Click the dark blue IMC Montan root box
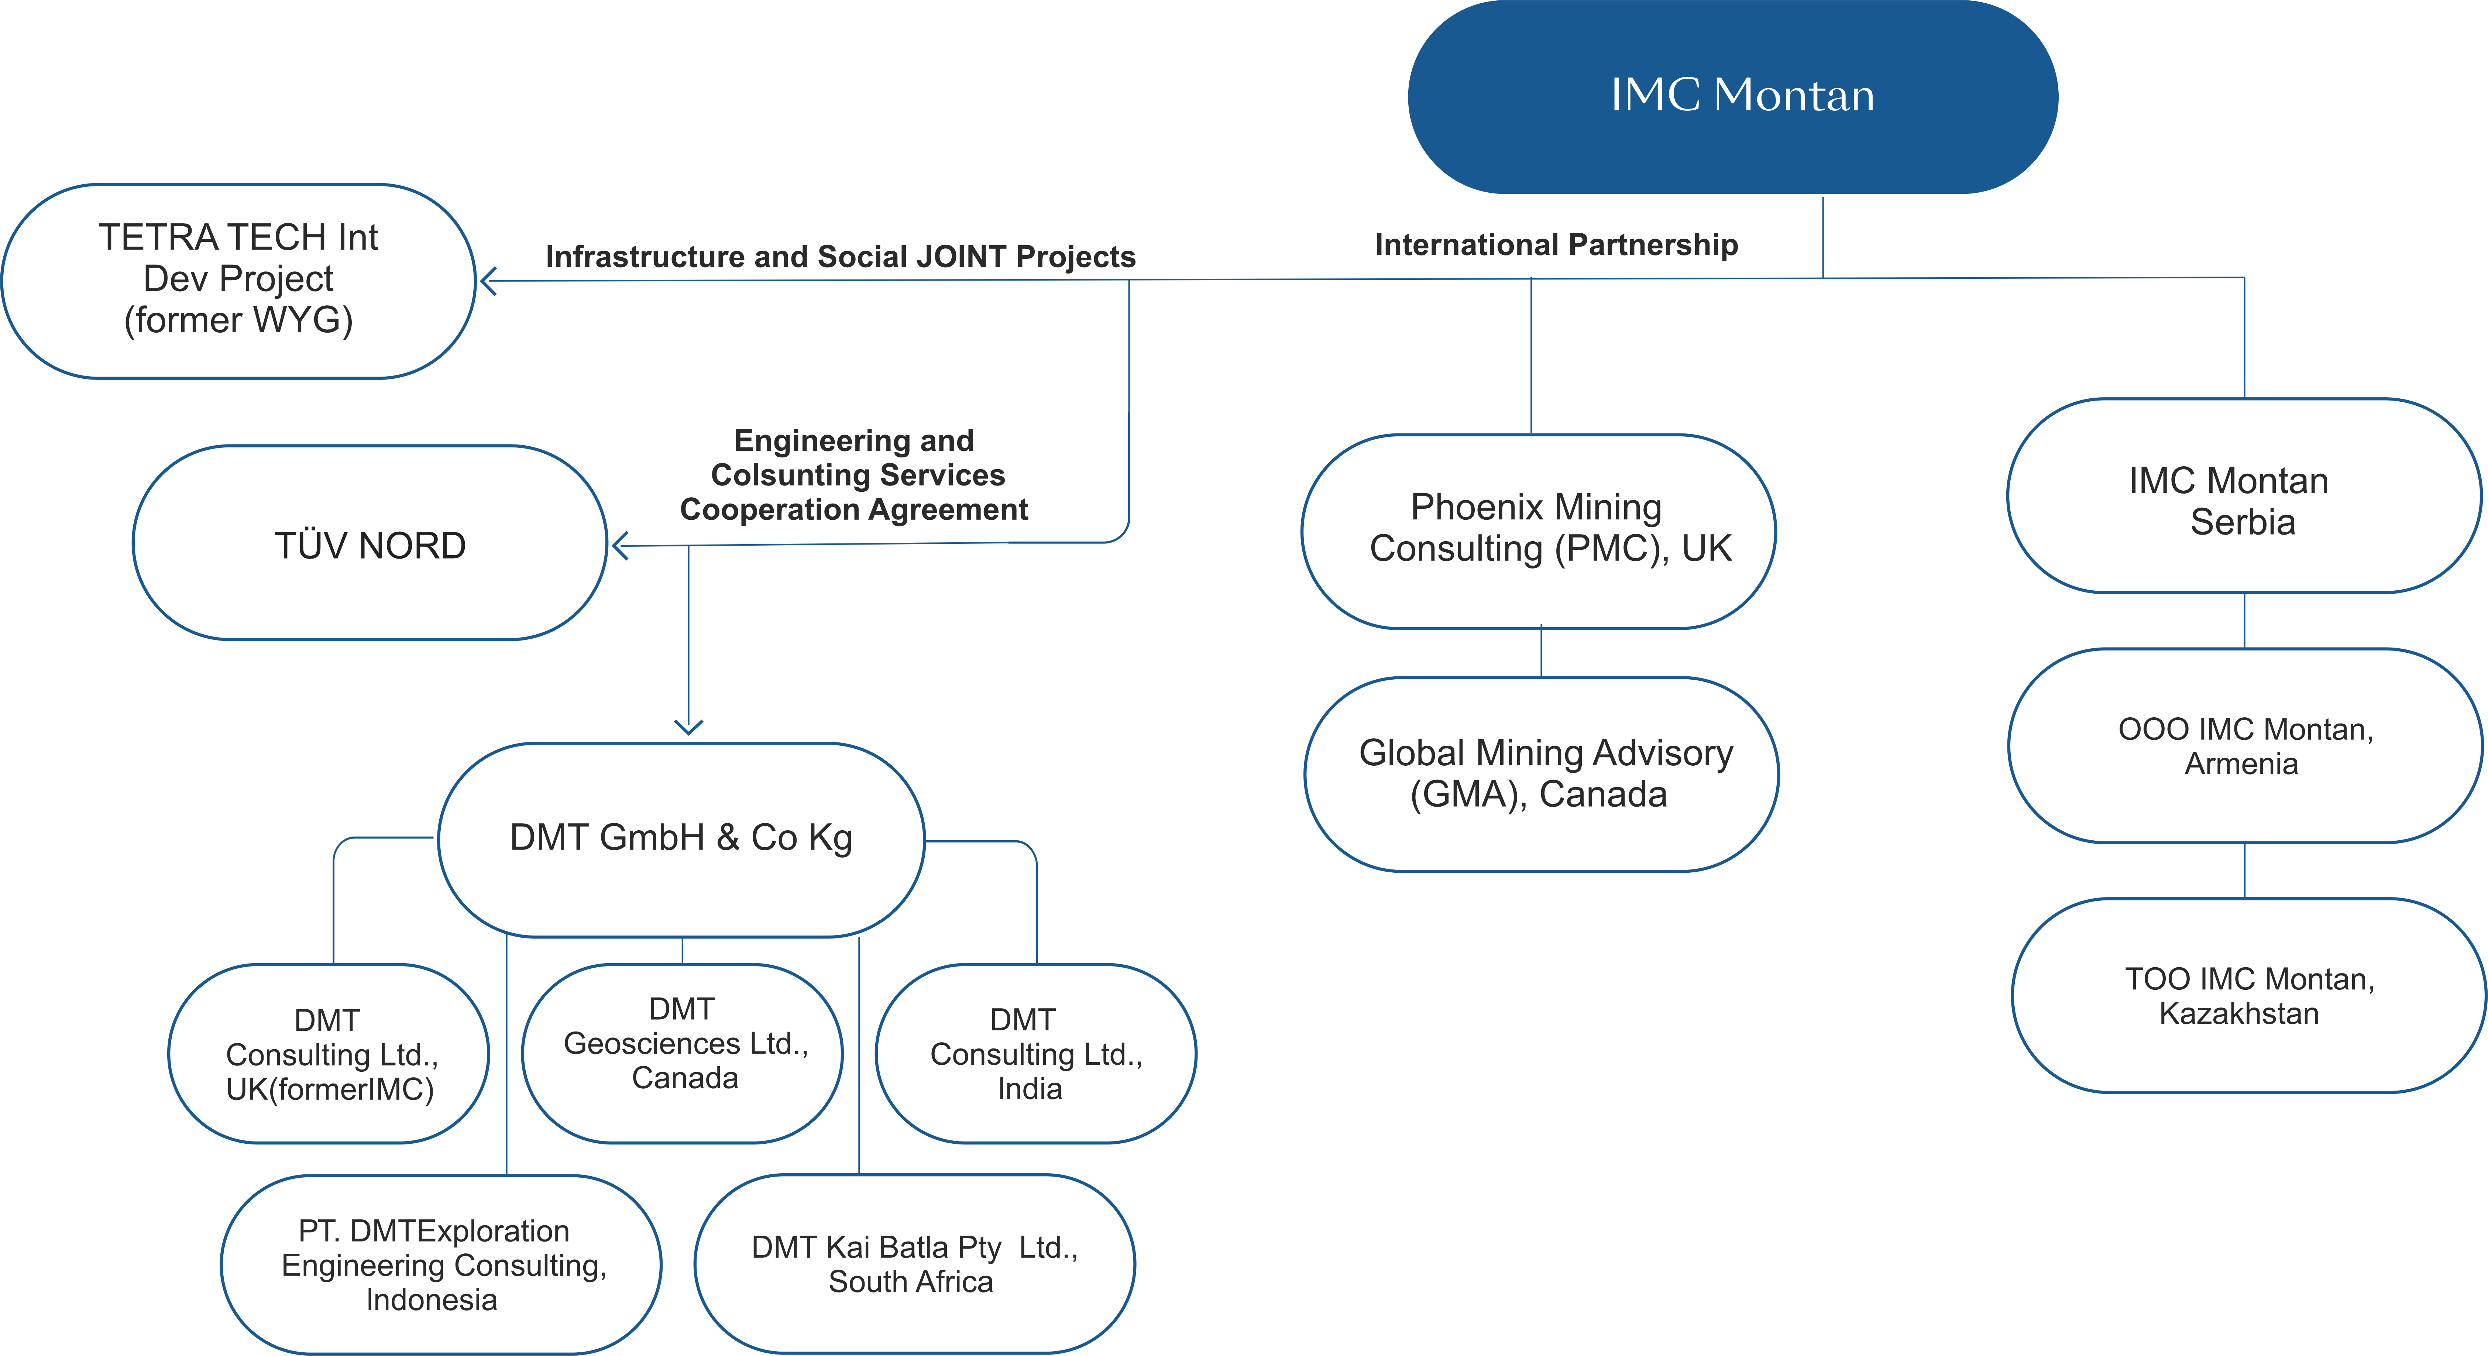pyautogui.click(x=1733, y=97)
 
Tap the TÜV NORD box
pyautogui.click(x=370, y=543)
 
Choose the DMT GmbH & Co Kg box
pyautogui.click(x=682, y=839)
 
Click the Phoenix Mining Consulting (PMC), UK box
pyautogui.click(x=1539, y=531)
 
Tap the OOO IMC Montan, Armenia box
pyautogui.click(x=2245, y=746)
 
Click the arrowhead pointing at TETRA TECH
pyautogui.click(x=488, y=281)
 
